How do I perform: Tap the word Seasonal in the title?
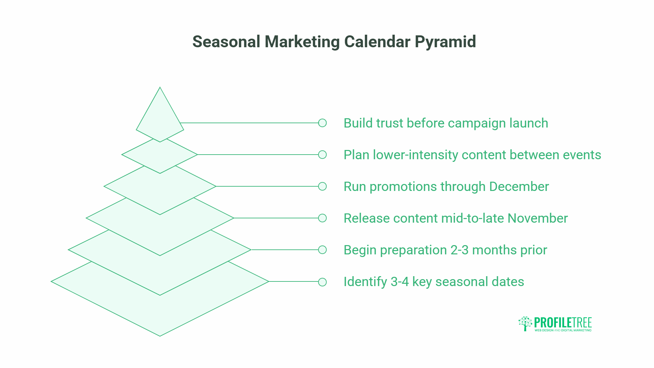(226, 42)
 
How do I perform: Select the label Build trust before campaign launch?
(446, 123)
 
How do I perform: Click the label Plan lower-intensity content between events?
(472, 155)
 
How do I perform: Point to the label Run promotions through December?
(446, 187)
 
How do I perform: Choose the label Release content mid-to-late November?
(456, 218)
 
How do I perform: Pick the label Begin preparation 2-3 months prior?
(445, 250)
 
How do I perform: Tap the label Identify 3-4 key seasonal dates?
(434, 282)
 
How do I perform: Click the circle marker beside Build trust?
(323, 123)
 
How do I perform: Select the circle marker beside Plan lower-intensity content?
(323, 155)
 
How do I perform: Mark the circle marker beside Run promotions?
(323, 186)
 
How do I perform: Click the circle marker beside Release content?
(323, 218)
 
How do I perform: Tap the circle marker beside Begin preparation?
(323, 250)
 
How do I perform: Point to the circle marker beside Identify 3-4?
(323, 282)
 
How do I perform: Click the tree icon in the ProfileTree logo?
(525, 323)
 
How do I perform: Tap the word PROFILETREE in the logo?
(563, 322)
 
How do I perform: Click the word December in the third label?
(519, 187)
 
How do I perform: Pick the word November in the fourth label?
(537, 218)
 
